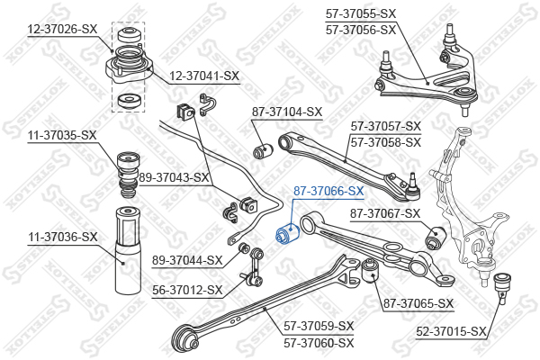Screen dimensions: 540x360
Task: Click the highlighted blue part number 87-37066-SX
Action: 328,191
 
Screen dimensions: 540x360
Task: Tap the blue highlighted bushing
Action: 288,233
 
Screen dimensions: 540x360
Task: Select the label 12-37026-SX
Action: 62,29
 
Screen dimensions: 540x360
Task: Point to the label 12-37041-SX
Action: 204,76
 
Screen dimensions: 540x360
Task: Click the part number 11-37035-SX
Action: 62,135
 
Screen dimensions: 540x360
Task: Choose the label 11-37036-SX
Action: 63,237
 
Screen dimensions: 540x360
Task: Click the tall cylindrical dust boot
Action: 128,250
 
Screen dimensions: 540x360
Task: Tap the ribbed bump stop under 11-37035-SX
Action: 128,175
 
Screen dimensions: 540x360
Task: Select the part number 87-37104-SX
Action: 287,112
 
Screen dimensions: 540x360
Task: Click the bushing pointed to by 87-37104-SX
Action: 263,151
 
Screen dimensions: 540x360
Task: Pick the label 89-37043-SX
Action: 175,178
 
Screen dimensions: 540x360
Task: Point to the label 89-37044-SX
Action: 187,260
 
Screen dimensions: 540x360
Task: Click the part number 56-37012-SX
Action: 187,290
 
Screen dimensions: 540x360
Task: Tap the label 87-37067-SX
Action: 385,213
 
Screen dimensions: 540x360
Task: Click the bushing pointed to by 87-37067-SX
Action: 436,238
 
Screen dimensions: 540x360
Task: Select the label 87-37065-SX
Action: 418,304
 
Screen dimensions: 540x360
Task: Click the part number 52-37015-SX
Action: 451,332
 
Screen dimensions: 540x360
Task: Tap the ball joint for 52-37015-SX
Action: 502,288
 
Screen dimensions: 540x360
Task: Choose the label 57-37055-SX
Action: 361,13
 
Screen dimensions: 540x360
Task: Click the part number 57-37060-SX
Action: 319,343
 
